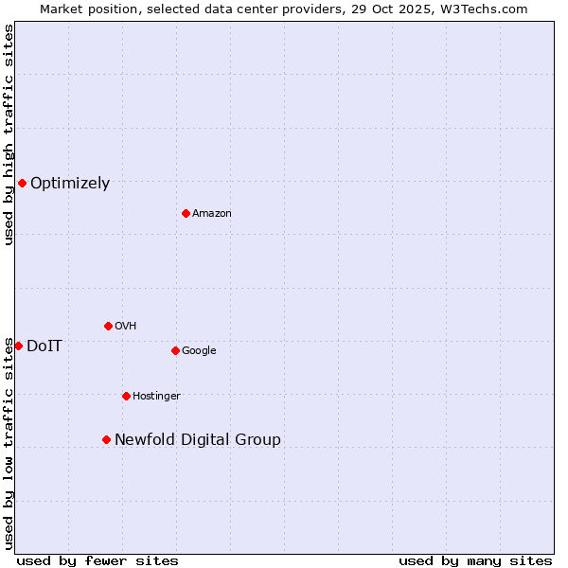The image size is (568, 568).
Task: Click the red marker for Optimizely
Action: click(x=22, y=183)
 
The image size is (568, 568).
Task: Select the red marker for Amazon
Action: click(x=186, y=213)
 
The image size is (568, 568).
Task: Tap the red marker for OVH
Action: click(x=108, y=326)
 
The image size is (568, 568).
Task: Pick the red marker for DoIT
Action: click(x=18, y=346)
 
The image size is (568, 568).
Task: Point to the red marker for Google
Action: click(x=175, y=350)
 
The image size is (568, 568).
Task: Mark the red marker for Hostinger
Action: click(x=126, y=396)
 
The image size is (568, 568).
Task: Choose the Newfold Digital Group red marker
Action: click(x=106, y=439)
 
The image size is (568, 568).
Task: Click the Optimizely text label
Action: click(x=70, y=184)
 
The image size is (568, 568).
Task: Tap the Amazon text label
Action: click(x=211, y=214)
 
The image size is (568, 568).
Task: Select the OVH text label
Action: click(x=125, y=327)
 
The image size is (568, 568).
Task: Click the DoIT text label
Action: click(x=44, y=346)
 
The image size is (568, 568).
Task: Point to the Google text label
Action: click(x=199, y=351)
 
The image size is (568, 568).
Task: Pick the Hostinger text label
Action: click(x=156, y=397)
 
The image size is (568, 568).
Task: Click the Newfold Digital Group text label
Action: click(x=197, y=440)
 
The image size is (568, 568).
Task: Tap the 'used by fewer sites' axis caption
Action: click(x=98, y=560)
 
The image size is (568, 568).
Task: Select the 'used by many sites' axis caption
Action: click(x=475, y=560)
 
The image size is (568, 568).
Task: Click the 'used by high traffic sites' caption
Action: click(x=9, y=134)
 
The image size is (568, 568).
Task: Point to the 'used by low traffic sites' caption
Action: click(x=9, y=443)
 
